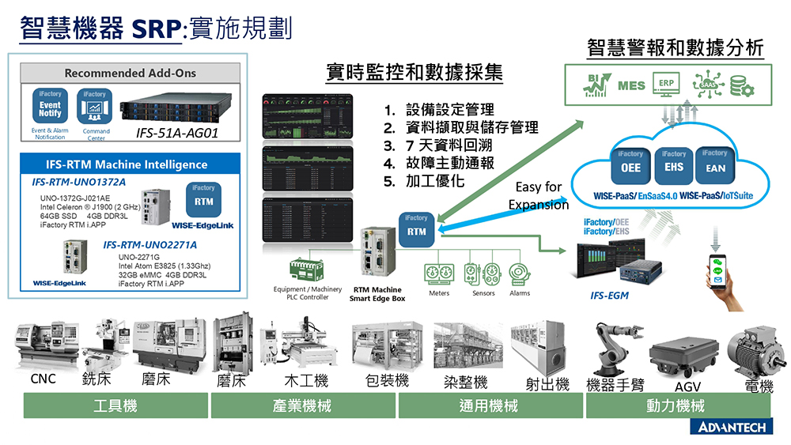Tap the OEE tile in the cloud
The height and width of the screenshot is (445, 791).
pyautogui.click(x=630, y=167)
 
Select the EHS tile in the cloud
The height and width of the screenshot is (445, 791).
pyautogui.click(x=673, y=167)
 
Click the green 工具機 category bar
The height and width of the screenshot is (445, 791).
pyautogui.click(x=115, y=406)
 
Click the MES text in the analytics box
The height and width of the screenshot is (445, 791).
pyautogui.click(x=631, y=85)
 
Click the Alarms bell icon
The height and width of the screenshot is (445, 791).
pyautogui.click(x=519, y=272)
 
